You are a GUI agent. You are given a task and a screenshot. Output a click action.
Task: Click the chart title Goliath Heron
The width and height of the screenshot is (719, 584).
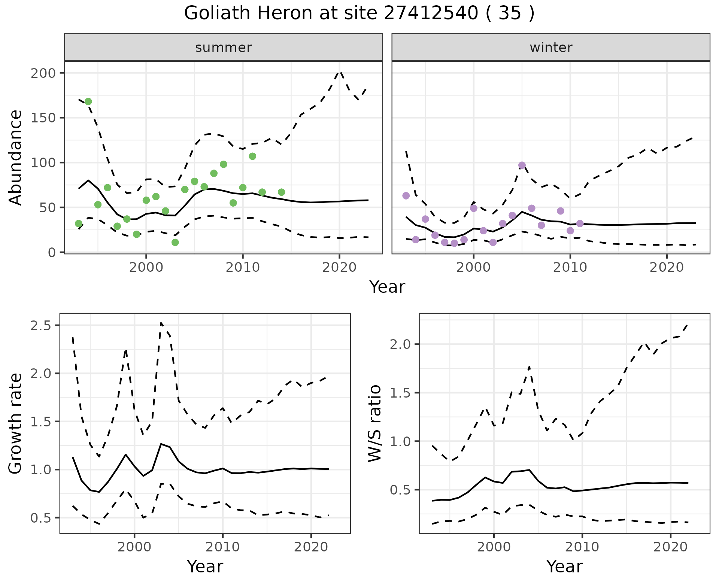click(359, 13)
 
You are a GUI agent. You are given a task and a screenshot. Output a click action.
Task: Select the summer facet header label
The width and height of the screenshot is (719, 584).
click(224, 48)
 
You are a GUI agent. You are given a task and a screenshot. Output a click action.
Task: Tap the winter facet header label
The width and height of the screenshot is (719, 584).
click(551, 48)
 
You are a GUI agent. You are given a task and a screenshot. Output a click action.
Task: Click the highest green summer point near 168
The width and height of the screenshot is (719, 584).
click(88, 101)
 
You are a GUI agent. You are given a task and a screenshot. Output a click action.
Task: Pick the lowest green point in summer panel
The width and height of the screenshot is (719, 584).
click(175, 242)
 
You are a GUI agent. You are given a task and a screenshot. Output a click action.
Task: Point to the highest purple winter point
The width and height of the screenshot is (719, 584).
click(522, 165)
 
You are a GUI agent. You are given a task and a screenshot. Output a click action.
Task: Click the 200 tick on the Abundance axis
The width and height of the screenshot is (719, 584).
click(43, 73)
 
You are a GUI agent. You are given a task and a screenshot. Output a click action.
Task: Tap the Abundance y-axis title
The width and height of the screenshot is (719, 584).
click(16, 157)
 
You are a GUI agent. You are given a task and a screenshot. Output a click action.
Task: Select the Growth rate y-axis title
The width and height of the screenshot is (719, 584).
click(16, 424)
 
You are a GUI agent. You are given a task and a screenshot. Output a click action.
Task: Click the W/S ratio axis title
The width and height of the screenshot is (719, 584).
click(375, 424)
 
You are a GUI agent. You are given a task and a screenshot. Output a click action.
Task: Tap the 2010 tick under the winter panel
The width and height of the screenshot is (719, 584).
click(570, 268)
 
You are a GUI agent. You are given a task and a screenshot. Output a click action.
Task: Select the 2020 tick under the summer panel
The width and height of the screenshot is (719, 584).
click(339, 268)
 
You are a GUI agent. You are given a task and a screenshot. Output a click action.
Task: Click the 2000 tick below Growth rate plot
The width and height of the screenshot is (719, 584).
click(134, 547)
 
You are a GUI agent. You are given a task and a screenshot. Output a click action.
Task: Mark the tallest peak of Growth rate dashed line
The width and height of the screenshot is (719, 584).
click(161, 323)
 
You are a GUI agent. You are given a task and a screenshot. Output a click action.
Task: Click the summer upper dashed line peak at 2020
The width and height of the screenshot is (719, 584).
click(340, 71)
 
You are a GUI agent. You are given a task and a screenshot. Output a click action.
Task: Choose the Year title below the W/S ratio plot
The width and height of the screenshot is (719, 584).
click(564, 566)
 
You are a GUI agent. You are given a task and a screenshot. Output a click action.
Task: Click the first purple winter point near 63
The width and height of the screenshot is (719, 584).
click(406, 195)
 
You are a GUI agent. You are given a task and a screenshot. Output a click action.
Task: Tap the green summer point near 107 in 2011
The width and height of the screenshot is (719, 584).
click(252, 156)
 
